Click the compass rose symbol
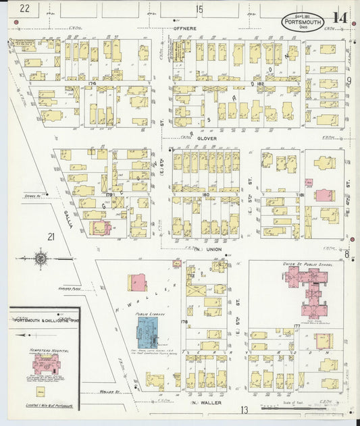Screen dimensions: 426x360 [41, 257]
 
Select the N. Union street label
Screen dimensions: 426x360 [207, 250]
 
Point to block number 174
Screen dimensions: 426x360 [92, 83]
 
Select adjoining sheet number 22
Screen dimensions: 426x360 [26, 8]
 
